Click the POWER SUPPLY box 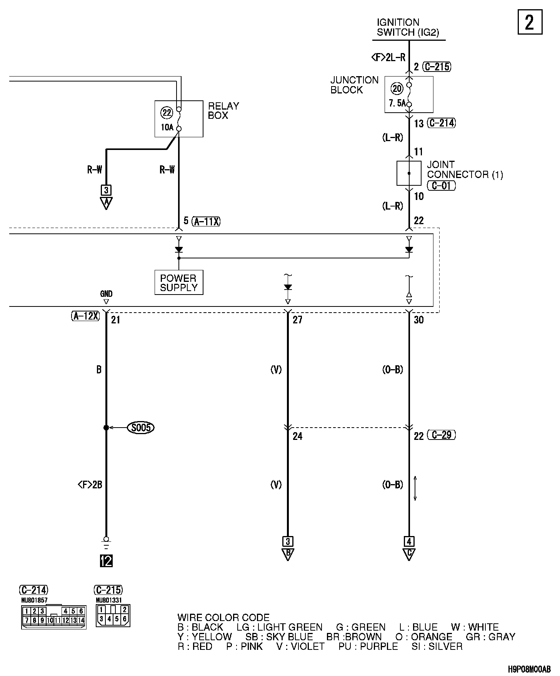[178, 283]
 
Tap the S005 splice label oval [141, 428]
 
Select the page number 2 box [530, 22]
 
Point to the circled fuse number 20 [397, 89]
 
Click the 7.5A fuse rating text [397, 103]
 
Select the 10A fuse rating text [167, 127]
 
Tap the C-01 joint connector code [441, 186]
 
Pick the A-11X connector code [207, 221]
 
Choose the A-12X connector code [85, 316]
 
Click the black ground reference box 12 [106, 561]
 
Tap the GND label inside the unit [106, 294]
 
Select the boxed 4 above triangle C [409, 541]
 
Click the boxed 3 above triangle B [288, 541]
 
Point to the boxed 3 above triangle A [106, 190]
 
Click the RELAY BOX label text [223, 111]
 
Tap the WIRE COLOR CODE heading [223, 618]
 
